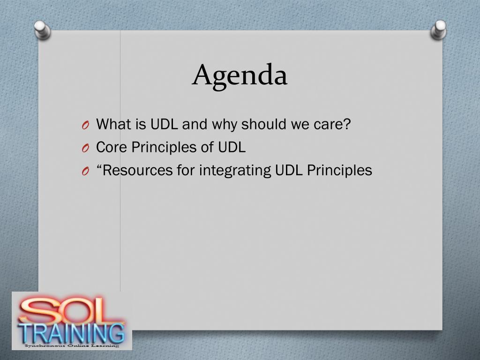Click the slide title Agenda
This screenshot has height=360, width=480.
[240, 75]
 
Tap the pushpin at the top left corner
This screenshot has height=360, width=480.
[42, 30]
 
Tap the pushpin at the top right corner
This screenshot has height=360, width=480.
[438, 30]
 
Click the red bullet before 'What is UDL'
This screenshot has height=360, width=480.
[85, 125]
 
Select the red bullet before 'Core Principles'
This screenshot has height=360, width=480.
[85, 149]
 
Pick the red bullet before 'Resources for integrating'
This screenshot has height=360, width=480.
[85, 172]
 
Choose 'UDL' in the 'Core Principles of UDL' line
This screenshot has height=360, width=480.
[232, 147]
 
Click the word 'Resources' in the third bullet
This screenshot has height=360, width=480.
[137, 170]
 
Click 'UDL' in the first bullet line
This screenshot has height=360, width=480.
[164, 124]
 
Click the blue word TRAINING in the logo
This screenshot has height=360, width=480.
[71, 333]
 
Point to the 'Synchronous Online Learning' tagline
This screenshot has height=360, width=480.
[72, 346]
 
